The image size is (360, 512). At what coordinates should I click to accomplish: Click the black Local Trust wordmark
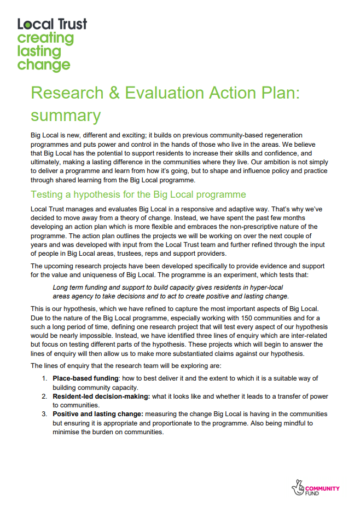52,24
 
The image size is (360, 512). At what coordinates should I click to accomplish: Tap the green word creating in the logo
45,38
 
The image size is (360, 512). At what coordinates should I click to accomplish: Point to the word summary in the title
66,116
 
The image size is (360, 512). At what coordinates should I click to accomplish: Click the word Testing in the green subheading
47,194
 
